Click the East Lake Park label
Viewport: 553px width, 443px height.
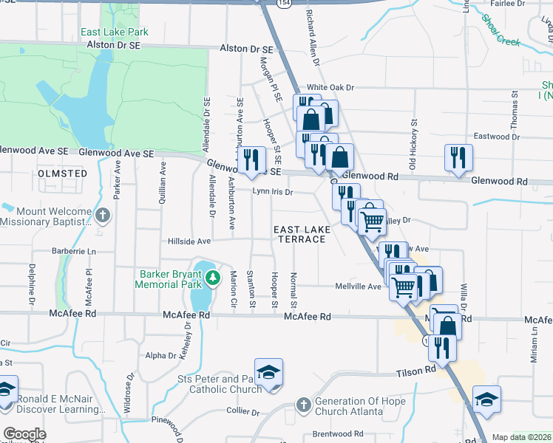coord(115,32)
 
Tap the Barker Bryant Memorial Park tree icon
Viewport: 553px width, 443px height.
coord(214,278)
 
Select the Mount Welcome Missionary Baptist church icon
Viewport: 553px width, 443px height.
coord(102,216)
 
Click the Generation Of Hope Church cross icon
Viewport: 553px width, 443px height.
coord(302,404)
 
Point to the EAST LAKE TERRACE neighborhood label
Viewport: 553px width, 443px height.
coord(302,235)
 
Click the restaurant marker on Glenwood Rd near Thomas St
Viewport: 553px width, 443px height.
coord(458,157)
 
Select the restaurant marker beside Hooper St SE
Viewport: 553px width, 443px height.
coord(251,159)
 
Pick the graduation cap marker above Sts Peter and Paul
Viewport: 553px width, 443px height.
coord(268,371)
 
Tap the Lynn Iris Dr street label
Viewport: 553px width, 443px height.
coord(274,192)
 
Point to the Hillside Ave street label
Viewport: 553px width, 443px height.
coord(189,241)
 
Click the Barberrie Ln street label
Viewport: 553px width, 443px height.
coord(75,251)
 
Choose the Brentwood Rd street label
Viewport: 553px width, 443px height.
coord(338,434)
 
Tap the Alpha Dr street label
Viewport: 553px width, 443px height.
coord(161,355)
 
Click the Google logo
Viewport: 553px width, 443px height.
coord(24,434)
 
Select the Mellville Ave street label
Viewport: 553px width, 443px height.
coord(358,286)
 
